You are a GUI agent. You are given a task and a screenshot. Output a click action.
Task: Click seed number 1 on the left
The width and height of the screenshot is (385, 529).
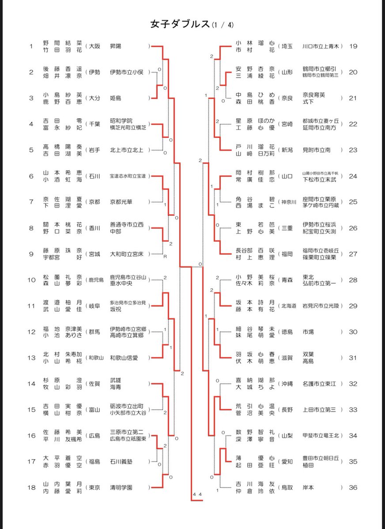(31, 46)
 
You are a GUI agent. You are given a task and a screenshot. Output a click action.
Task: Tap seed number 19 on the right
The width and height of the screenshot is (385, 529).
(353, 46)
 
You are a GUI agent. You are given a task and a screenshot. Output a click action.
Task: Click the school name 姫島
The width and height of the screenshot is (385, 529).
(117, 98)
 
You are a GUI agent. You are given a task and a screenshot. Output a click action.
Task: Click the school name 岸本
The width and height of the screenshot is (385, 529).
(309, 488)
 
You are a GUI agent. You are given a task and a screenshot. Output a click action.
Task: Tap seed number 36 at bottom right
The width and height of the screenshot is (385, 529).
(353, 488)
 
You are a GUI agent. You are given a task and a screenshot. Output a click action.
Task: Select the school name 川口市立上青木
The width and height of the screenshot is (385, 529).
(321, 46)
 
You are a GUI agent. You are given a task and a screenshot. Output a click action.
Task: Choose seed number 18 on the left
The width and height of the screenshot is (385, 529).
(31, 488)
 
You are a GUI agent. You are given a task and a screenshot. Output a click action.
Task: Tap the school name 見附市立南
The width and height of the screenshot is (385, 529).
(316, 150)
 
